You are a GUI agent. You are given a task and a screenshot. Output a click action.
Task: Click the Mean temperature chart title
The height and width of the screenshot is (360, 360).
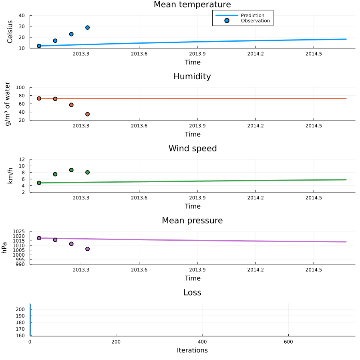[192, 5]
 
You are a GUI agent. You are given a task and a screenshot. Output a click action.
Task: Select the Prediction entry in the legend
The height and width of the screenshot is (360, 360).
[252, 16]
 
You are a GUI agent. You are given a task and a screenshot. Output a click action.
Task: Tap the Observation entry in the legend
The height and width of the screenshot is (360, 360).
[255, 21]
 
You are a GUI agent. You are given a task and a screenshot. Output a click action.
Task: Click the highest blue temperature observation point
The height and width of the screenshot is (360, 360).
[87, 28]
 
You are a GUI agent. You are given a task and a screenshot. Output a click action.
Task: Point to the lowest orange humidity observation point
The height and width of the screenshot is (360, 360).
[87, 114]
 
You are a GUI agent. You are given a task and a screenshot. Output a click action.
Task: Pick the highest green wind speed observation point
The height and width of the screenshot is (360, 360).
[71, 170]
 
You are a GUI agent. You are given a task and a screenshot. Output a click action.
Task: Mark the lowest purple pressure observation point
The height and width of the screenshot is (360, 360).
[87, 249]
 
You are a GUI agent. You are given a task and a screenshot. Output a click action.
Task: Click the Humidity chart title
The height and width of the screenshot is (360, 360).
[192, 76]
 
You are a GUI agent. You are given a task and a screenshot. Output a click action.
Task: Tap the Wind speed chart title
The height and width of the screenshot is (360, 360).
[192, 149]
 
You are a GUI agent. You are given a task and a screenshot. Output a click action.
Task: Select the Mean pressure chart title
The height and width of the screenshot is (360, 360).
[192, 221]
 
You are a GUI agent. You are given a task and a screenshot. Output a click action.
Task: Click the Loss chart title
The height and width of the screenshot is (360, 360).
[192, 293]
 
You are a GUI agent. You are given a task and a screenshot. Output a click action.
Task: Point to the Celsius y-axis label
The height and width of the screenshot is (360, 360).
[10, 32]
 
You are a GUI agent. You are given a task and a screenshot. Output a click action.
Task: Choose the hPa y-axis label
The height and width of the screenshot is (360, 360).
[5, 248]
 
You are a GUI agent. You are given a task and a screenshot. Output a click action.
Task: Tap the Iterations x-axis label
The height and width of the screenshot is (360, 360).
[192, 350]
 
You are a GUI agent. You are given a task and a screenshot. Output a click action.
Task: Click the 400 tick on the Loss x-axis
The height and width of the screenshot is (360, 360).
[202, 342]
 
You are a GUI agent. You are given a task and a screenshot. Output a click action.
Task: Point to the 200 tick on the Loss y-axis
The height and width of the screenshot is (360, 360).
[22, 310]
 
